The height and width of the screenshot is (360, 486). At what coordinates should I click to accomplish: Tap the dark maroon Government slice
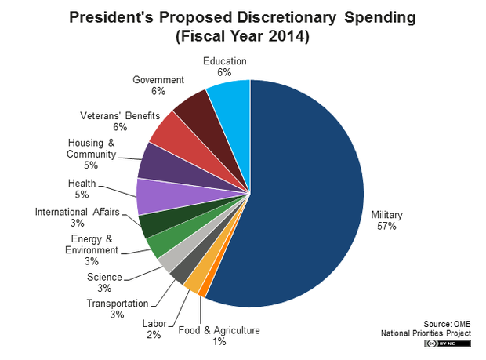[x=194, y=115]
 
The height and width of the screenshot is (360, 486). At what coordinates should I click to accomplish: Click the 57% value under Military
[x=386, y=226]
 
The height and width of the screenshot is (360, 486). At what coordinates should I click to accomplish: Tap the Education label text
[x=224, y=61]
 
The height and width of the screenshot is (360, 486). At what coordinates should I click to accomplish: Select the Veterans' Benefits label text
[x=114, y=115]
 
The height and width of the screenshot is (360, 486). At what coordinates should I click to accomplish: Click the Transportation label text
[x=117, y=304]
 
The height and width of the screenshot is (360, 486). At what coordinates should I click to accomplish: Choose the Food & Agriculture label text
[x=219, y=330]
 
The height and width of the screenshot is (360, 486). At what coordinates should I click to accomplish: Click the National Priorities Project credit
[x=426, y=333]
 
